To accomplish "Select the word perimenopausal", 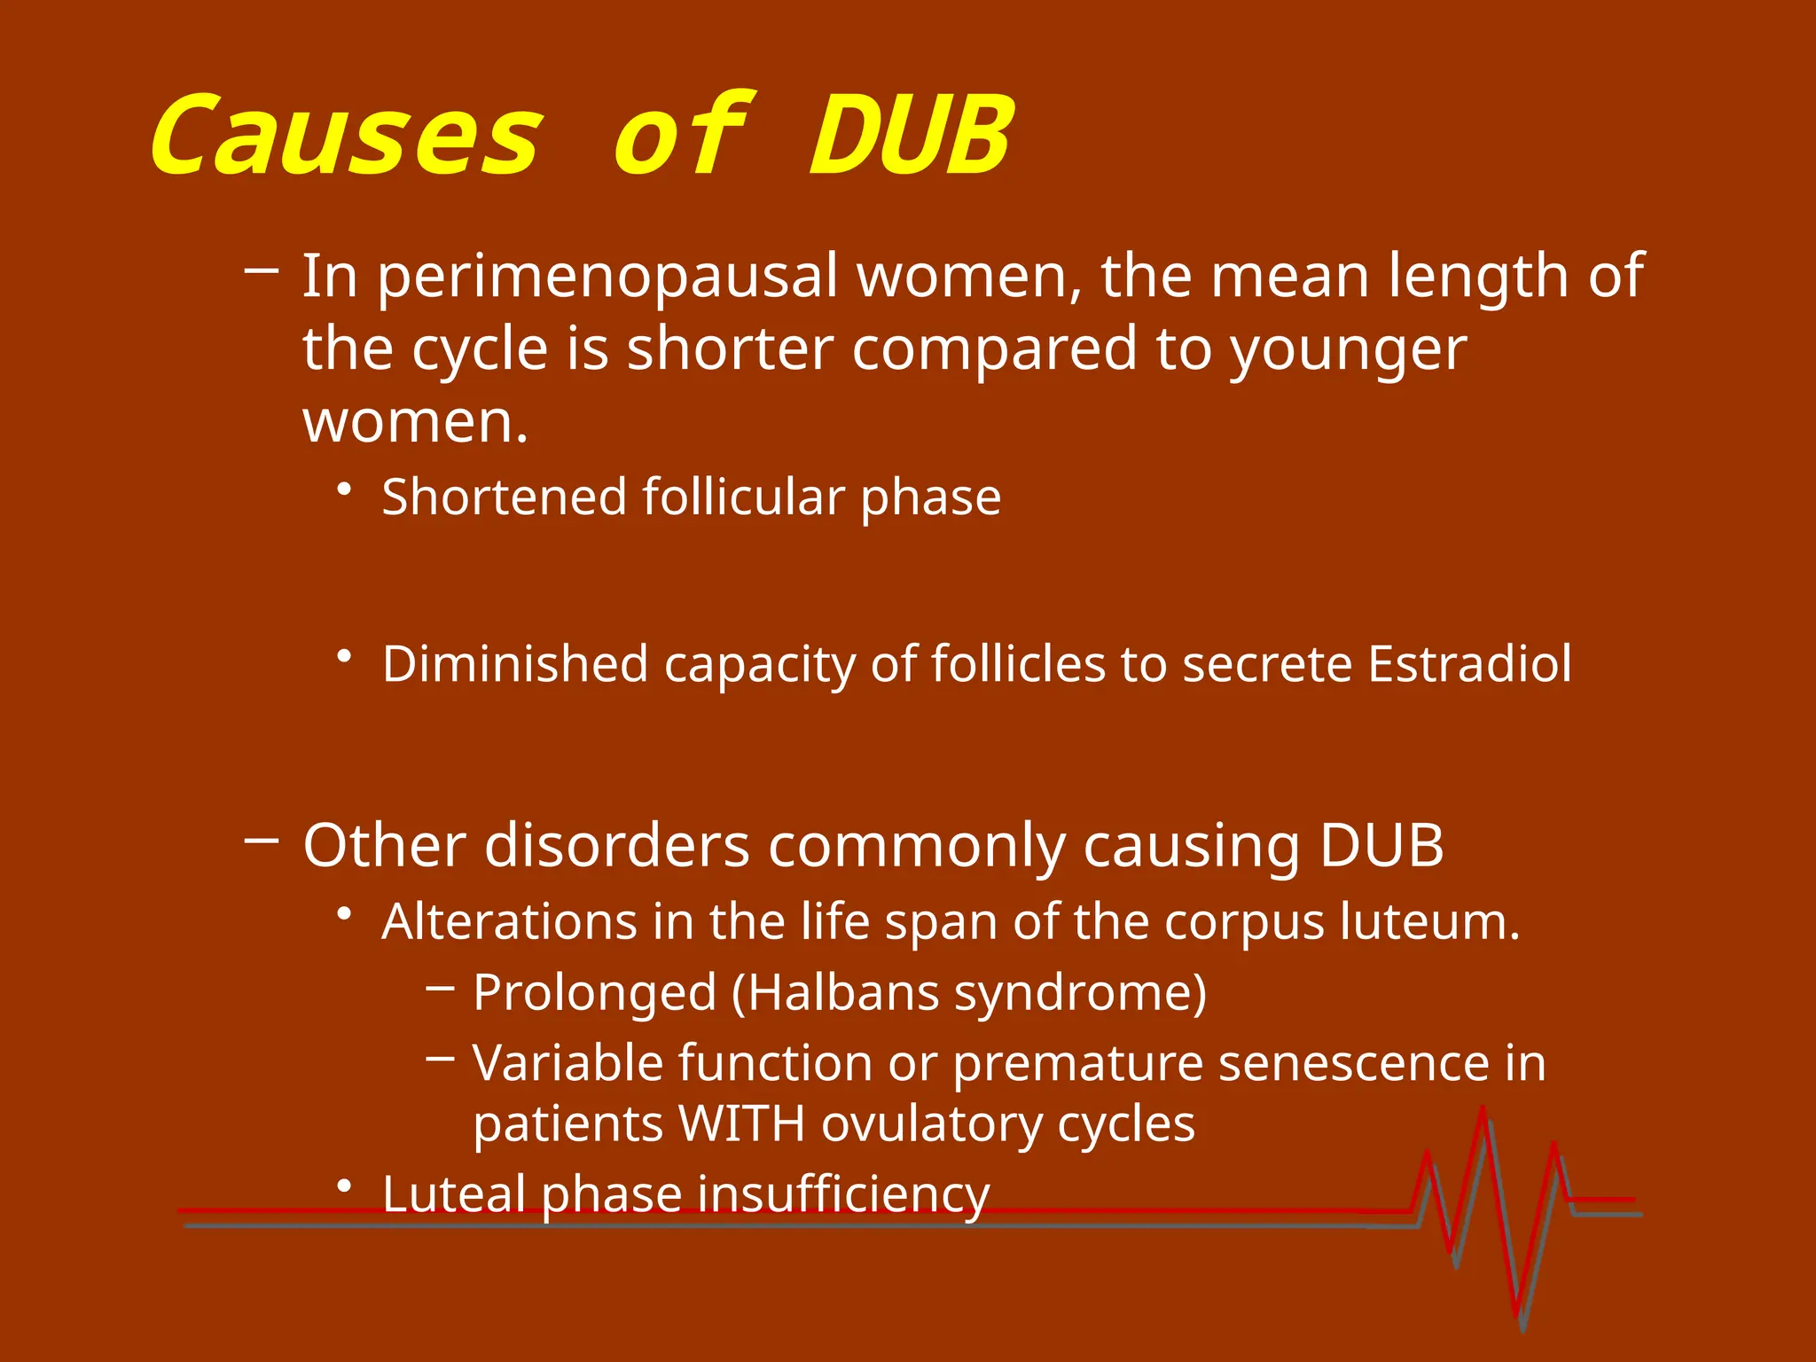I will tap(608, 277).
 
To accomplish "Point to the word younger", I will tap(1347, 351).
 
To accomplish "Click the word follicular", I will tap(742, 497).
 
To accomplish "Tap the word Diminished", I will tap(515, 664).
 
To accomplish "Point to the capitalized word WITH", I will tap(741, 1124).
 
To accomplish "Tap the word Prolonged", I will tap(595, 993).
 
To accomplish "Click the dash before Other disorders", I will tap(262, 839).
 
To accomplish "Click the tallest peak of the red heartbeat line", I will tap(1483, 1110).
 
